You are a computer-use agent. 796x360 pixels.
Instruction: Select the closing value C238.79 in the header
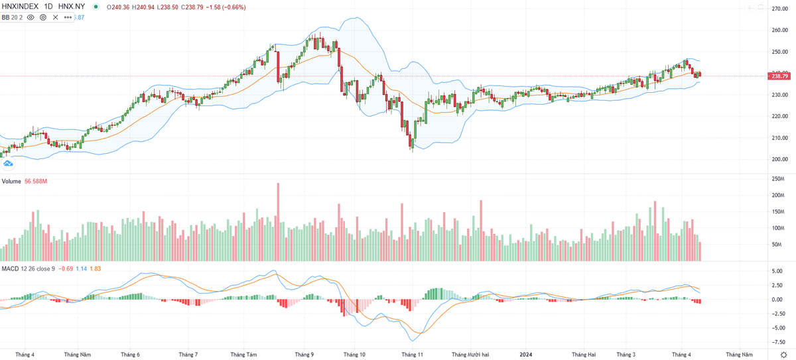(194, 8)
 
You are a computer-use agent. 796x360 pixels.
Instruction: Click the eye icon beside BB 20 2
(31, 17)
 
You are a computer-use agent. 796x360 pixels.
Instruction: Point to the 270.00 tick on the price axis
(779, 9)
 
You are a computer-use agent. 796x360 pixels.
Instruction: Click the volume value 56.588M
(36, 181)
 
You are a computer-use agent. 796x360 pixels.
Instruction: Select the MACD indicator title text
(10, 269)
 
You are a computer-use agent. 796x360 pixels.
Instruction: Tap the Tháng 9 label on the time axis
(304, 354)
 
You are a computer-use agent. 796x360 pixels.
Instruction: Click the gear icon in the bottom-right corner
(783, 355)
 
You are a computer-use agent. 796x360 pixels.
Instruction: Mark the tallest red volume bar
(278, 221)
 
